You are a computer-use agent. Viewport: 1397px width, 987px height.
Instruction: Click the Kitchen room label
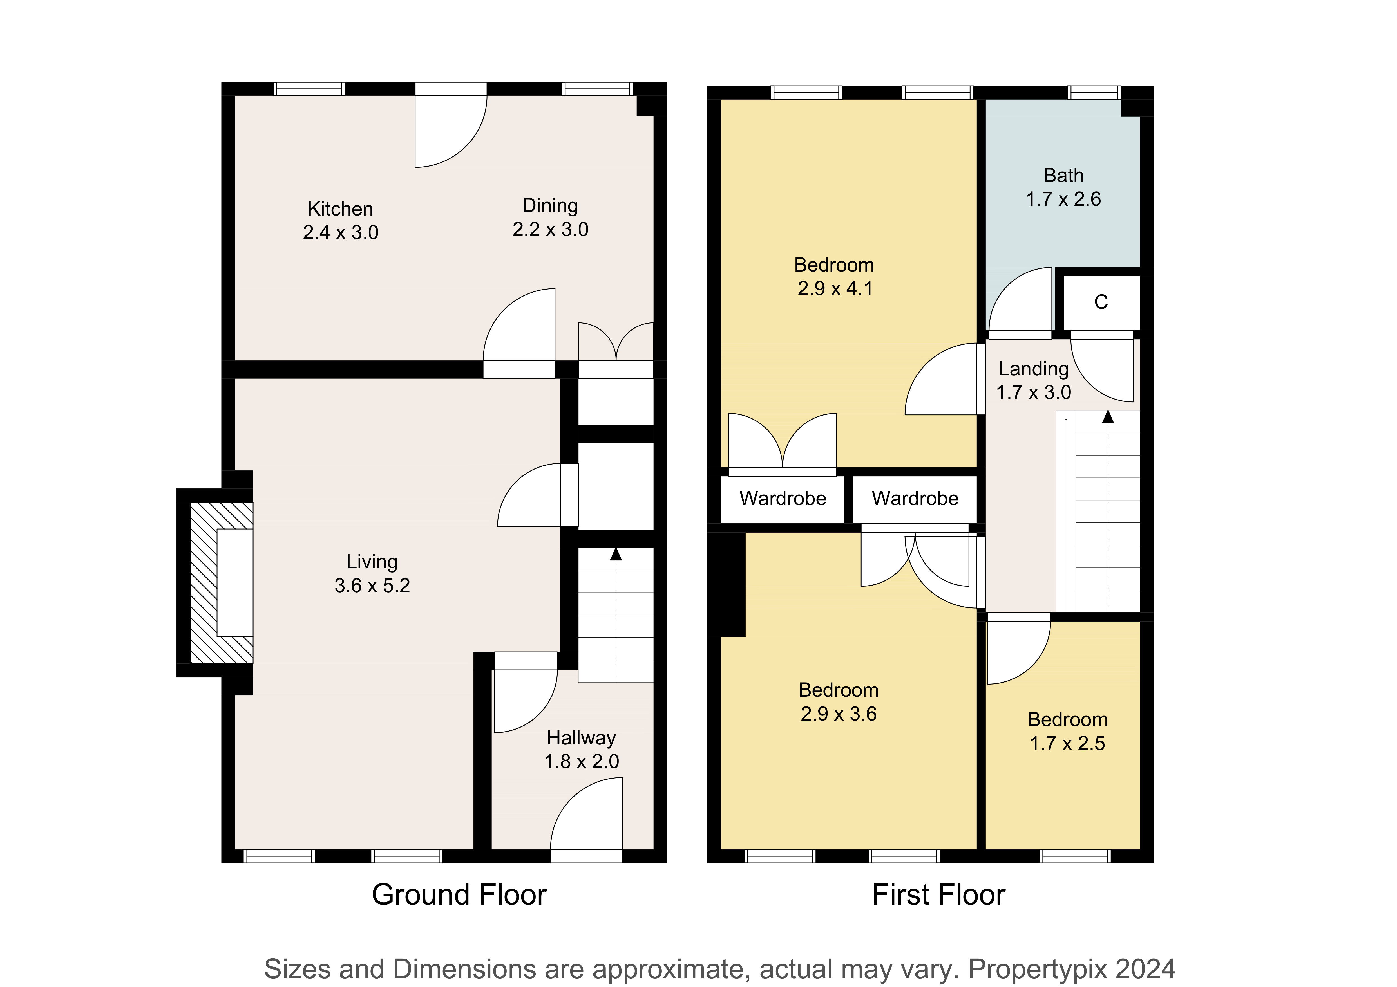pos(340,208)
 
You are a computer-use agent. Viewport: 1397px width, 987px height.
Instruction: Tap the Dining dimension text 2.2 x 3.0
pos(550,229)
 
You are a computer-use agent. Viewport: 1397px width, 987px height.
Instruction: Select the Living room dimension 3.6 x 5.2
pos(372,585)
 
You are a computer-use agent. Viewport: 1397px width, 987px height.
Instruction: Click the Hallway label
pos(581,738)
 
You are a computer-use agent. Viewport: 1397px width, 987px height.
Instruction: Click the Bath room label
pos(1063,175)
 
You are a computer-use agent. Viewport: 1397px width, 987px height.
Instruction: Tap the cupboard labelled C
pos(1101,302)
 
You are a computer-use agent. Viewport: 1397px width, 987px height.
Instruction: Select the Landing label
pos(1034,369)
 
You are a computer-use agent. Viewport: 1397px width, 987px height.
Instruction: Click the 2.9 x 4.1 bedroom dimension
pos(835,288)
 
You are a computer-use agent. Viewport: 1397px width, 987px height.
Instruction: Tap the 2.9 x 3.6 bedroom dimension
pos(839,713)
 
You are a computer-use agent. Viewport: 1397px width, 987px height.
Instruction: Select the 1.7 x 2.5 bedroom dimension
pos(1067,743)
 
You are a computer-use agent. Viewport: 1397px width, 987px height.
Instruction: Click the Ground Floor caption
pos(459,894)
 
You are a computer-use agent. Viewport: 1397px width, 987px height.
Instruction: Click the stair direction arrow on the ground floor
pos(616,554)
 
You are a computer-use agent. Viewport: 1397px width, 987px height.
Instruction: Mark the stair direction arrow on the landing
pos(1108,417)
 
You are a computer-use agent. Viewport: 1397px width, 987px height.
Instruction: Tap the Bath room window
pos(1094,93)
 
